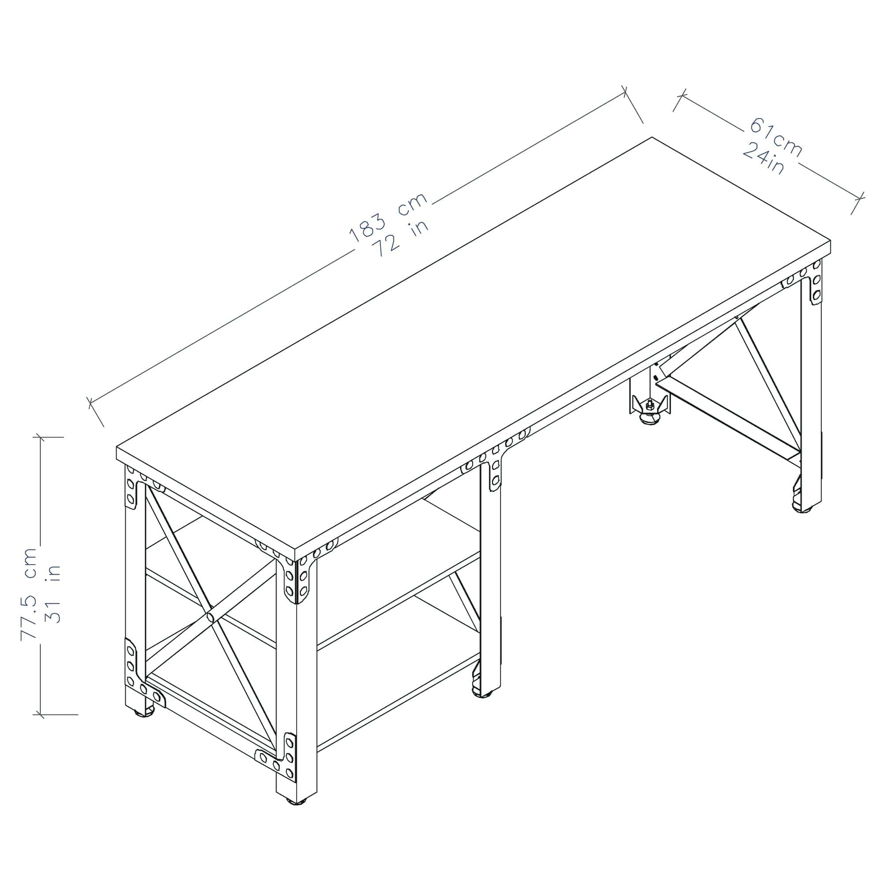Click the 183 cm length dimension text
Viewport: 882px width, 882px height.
pyautogui.click(x=388, y=217)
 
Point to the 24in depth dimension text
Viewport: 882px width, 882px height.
pyautogui.click(x=763, y=158)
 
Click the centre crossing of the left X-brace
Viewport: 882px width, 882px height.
pyautogui.click(x=210, y=617)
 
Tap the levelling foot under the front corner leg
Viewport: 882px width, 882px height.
pyautogui.click(x=297, y=814)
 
